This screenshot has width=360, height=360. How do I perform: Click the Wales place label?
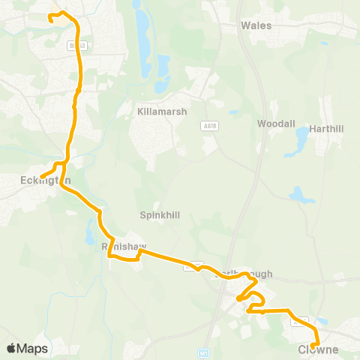[256, 25]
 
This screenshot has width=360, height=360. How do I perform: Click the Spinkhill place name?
[160, 214]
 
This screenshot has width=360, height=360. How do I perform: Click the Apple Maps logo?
[27, 348]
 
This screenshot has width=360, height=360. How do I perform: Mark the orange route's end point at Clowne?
[313, 344]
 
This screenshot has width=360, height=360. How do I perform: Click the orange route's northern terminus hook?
[52, 19]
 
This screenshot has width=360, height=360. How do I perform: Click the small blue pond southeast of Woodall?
[301, 196]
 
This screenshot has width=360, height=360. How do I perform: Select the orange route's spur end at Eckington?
[43, 176]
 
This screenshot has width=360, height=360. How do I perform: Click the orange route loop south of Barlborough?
[256, 302]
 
